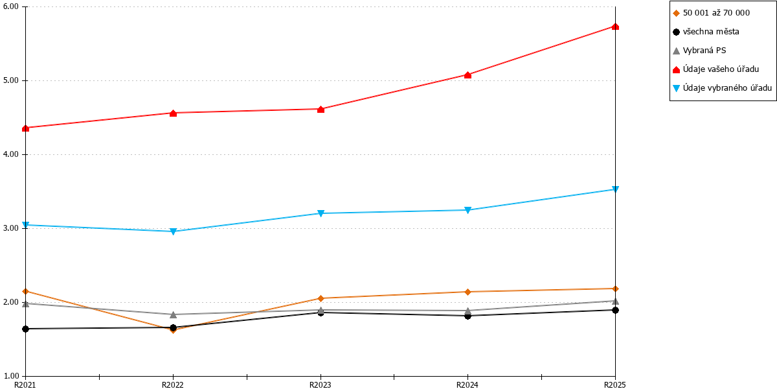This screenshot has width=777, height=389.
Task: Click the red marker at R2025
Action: (615, 27)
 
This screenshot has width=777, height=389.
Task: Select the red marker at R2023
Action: (321, 110)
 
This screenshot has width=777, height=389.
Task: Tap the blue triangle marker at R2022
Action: (173, 231)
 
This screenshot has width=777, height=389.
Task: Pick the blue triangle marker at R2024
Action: (467, 210)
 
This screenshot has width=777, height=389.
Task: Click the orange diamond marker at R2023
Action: (321, 298)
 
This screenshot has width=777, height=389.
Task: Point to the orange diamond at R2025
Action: (615, 289)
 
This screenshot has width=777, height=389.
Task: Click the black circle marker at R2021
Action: (25, 329)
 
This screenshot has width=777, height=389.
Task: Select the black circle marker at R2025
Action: (615, 310)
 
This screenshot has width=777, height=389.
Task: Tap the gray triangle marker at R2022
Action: (173, 314)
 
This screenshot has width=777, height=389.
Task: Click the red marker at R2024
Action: (467, 75)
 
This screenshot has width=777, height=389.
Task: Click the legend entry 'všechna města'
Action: (711, 32)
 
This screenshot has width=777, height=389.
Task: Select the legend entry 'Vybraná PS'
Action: (704, 51)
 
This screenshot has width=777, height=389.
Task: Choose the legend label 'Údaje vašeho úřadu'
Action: (721, 69)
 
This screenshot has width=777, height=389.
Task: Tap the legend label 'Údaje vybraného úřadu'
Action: (727, 88)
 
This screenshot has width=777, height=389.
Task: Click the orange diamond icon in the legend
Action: (676, 14)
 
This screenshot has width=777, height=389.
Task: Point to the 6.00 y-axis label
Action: (10, 6)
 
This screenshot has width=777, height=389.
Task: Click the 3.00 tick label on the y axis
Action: (10, 228)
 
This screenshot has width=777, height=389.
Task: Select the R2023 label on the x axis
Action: (320, 384)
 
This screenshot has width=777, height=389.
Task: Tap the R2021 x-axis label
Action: (25, 384)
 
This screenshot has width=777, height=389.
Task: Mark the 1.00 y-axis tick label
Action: (10, 376)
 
